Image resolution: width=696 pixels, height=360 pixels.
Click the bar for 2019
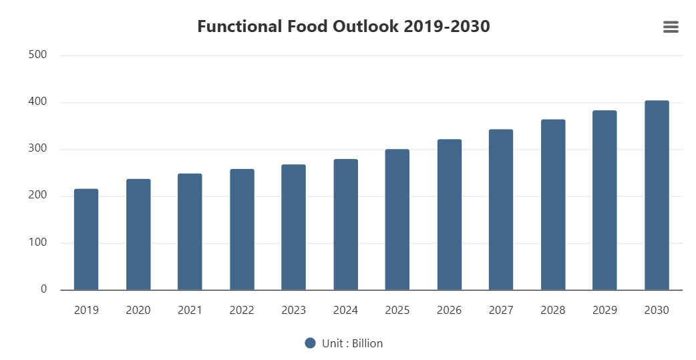tap(86, 239)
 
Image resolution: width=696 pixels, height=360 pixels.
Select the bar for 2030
tap(657, 195)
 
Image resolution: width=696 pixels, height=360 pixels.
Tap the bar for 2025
tap(397, 219)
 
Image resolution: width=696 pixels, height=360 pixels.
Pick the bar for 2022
tap(242, 230)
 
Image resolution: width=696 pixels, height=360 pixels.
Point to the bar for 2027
tap(501, 210)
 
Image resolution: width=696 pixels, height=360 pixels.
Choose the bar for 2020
tap(138, 234)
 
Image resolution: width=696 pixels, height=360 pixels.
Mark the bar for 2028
tap(553, 204)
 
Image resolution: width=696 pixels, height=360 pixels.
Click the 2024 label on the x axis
tap(345, 311)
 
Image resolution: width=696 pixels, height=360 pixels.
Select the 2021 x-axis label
tap(190, 311)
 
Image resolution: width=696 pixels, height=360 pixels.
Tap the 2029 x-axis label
tap(604, 311)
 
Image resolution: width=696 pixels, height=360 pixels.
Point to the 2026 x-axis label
tap(450, 311)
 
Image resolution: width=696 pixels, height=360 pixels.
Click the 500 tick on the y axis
tap(37, 55)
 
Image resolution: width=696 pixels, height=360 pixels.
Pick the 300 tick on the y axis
tap(37, 149)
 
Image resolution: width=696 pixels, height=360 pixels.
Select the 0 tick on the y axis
tap(43, 289)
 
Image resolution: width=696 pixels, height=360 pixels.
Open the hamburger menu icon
tap(671, 27)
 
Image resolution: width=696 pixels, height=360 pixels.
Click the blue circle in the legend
tap(311, 343)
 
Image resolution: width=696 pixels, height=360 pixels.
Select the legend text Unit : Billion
tap(353, 343)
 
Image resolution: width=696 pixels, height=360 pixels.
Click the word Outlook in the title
tap(366, 26)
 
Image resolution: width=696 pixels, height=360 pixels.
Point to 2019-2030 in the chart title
tap(447, 26)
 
